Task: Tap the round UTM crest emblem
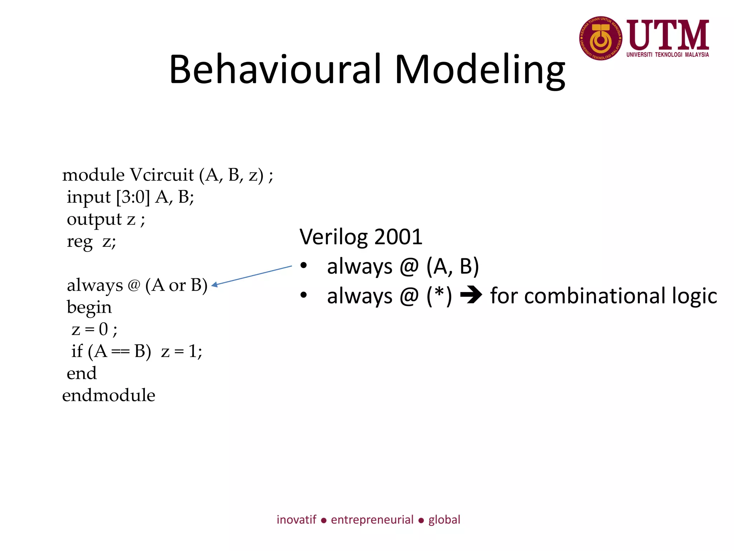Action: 601,38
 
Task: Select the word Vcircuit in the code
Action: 162,175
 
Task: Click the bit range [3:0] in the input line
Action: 133,197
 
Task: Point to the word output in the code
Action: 94,220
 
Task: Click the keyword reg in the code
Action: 80,242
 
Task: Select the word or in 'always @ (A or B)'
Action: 177,286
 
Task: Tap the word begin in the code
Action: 89,308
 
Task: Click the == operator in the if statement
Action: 120,352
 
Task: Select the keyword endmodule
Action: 109,395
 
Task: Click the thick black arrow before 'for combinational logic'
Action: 471,296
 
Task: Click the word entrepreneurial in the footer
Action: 372,520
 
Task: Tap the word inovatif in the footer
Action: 296,520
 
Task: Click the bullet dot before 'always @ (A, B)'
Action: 304,266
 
